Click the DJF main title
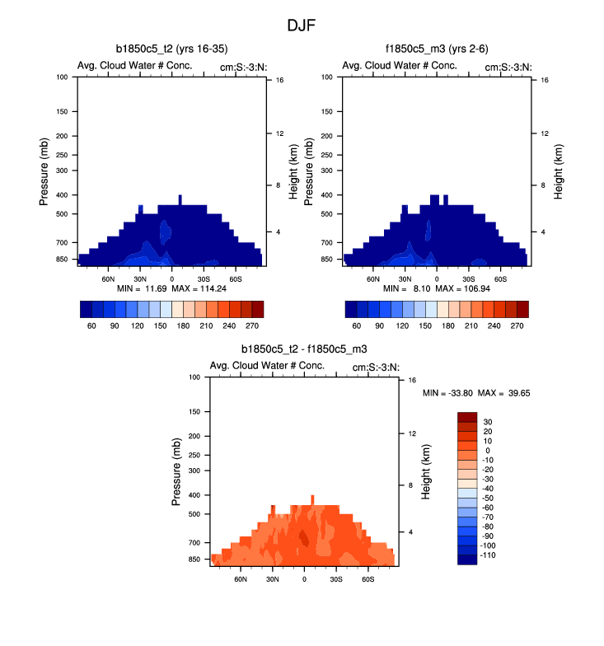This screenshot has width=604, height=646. pyautogui.click(x=302, y=26)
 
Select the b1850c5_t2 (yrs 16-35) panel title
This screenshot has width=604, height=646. pyautogui.click(x=171, y=50)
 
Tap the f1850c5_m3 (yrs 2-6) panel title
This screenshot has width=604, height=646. pyautogui.click(x=437, y=50)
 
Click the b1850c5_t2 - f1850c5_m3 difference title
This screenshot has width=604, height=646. pyautogui.click(x=304, y=350)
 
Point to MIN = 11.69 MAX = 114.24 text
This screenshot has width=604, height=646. pyautogui.click(x=171, y=289)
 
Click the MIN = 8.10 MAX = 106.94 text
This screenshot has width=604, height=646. pyautogui.click(x=437, y=289)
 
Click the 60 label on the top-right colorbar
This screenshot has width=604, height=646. pyautogui.click(x=357, y=325)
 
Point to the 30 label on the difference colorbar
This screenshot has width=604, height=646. pyautogui.click(x=487, y=422)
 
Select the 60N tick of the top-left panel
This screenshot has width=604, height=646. pyautogui.click(x=109, y=279)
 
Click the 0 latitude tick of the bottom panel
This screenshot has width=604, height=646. pyautogui.click(x=304, y=578)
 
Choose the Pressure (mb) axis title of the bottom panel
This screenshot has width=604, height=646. pyautogui.click(x=177, y=471)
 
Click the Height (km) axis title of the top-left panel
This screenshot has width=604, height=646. pyautogui.click(x=293, y=171)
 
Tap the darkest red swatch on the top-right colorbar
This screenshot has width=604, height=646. pyautogui.click(x=522, y=308)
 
